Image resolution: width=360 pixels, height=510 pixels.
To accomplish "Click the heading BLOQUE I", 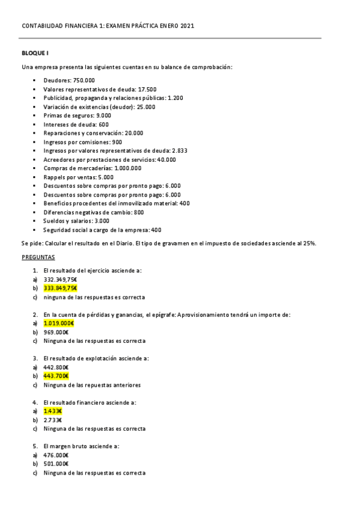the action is coord(35,53).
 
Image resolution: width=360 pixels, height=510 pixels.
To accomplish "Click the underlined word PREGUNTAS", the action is coord(38,257).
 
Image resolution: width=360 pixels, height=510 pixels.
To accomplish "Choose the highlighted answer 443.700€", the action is coord(56,376).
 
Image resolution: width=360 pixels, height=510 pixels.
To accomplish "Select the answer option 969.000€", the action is coord(56,332).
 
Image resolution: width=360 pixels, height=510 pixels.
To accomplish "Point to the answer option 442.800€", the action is coord(56,367).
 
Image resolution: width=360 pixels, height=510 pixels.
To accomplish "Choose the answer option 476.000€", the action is coord(56,455).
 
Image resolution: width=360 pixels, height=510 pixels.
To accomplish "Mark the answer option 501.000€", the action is coord(56,464).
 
